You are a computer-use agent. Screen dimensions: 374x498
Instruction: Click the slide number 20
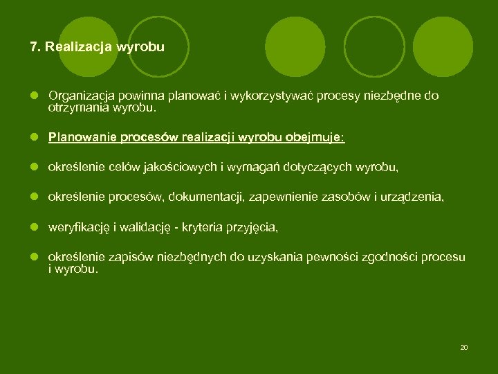[464, 347]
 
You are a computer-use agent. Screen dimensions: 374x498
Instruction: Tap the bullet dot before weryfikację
[35, 227]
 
